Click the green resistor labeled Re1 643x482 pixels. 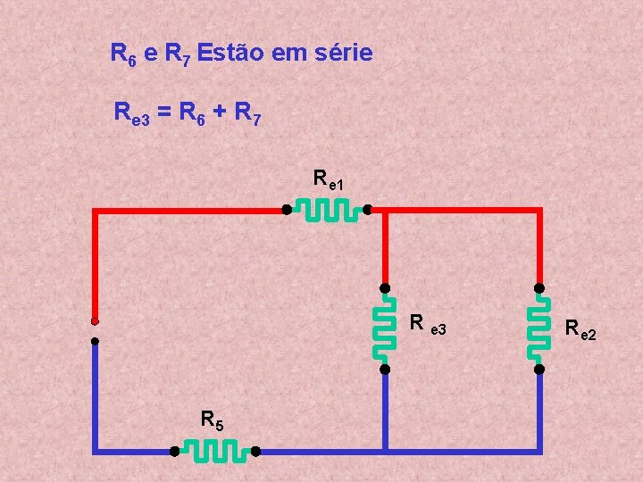pos(326,211)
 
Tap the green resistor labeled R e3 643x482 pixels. pos(385,328)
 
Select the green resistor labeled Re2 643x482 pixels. pos(539,328)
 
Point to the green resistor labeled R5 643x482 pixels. pos(214,452)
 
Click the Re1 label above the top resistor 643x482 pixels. pos(328,179)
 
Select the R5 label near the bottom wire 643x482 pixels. pos(213,420)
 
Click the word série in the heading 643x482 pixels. pos(341,54)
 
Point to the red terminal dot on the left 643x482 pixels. pos(94,321)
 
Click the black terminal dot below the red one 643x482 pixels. pos(94,340)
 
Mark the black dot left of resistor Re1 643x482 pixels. pos(287,211)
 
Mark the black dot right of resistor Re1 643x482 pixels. pos(366,211)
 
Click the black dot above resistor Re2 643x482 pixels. pos(539,287)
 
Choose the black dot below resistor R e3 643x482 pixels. pos(385,369)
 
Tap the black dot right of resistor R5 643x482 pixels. pos(255,452)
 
